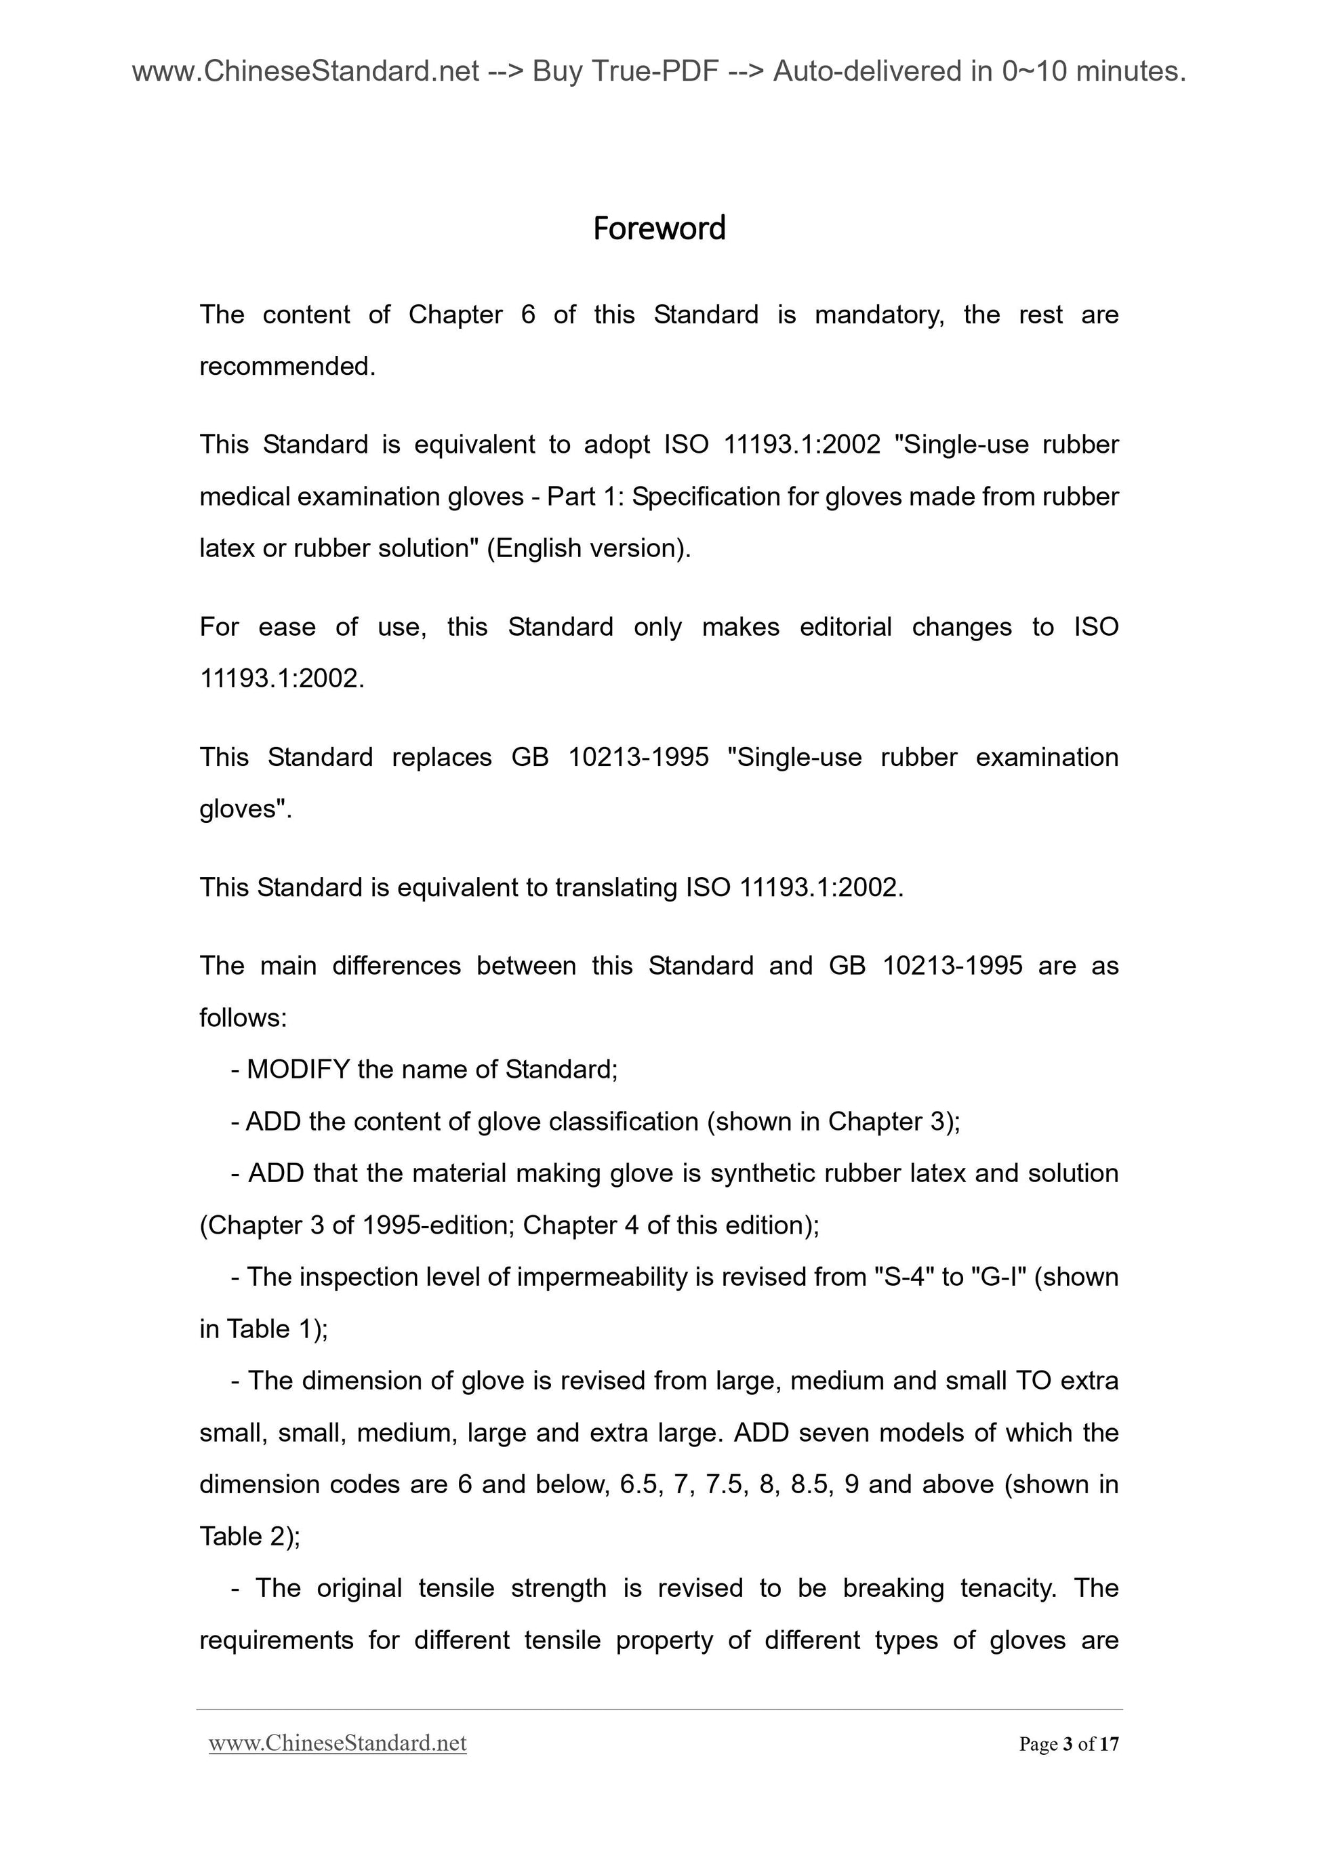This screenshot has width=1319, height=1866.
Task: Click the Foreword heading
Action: [658, 228]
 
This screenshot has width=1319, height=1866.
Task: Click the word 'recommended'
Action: [286, 367]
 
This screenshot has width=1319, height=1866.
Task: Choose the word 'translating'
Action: [616, 887]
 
